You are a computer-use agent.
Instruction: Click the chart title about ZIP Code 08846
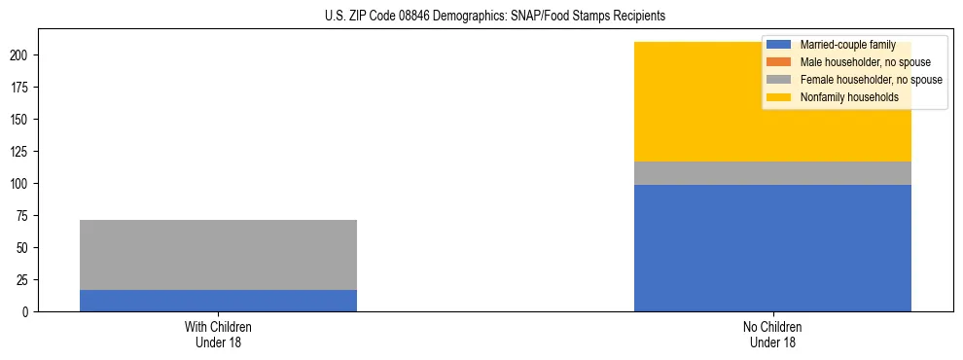(494, 17)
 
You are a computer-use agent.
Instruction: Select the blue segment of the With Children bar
(218, 301)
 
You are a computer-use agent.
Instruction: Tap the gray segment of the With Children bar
(218, 255)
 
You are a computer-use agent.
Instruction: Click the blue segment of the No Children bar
(772, 248)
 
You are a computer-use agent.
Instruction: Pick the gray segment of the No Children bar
(772, 173)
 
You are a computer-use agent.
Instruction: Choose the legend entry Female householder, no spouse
(871, 80)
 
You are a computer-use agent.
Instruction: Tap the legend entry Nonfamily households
(849, 97)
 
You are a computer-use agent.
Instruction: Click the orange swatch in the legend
(780, 62)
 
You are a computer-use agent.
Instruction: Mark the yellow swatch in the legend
(780, 97)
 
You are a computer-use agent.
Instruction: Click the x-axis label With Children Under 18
(218, 335)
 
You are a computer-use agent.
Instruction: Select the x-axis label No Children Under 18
(772, 335)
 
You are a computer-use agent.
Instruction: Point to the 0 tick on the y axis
(28, 312)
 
